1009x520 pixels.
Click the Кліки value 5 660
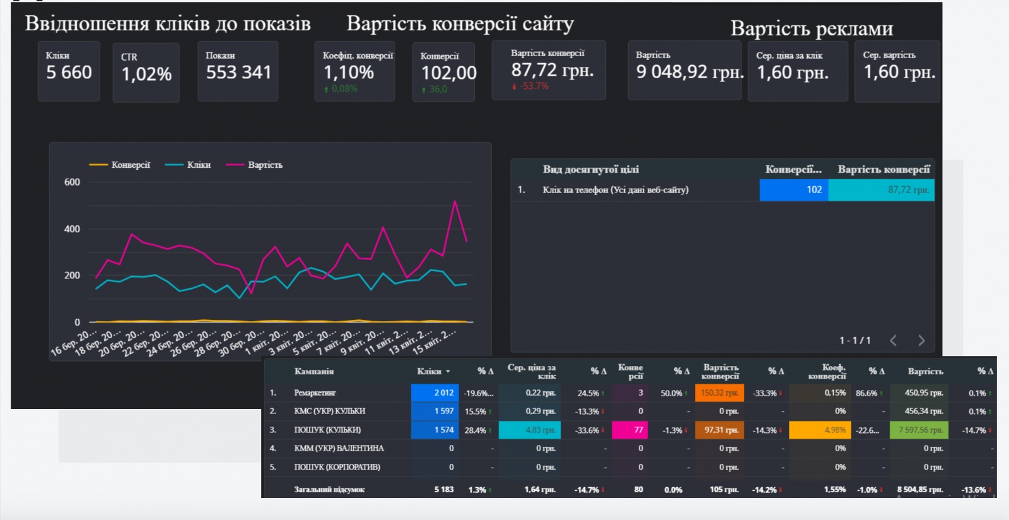coord(69,73)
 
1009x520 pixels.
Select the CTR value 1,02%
coord(146,74)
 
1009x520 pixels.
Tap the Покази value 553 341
coord(238,73)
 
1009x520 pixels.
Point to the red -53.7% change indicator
coord(531,86)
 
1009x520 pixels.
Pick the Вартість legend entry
coord(255,165)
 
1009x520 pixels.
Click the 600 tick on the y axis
coord(72,182)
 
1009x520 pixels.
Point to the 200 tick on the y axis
coord(72,276)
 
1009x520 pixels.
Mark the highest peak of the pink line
coord(455,201)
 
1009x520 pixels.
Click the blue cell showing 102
coord(793,190)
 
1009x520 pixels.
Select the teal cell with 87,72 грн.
coord(881,190)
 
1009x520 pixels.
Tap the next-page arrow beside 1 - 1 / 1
coord(921,341)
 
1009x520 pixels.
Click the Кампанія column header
coord(313,372)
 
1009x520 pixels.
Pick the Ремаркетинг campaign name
coord(315,393)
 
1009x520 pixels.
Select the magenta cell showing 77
coord(631,430)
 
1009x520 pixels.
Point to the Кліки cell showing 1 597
coord(435,411)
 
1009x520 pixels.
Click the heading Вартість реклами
coord(812,29)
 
